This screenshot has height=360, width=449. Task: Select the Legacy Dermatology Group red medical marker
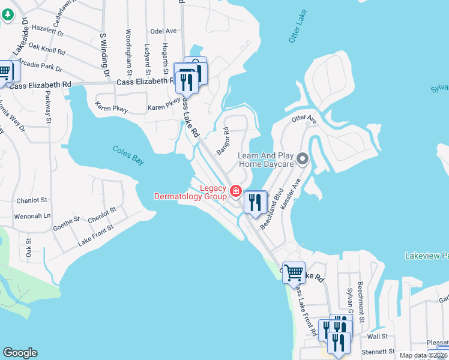point(236,192)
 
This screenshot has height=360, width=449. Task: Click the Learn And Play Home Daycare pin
point(303,159)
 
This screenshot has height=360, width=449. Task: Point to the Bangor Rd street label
point(223,141)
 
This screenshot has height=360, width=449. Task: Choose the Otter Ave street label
point(304,120)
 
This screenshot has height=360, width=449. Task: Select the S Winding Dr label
point(105,55)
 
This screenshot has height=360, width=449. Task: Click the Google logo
point(20,353)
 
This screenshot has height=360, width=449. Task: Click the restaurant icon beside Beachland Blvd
point(256,203)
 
